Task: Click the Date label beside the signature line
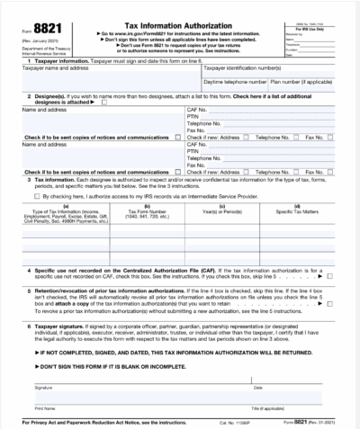[x=258, y=388]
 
